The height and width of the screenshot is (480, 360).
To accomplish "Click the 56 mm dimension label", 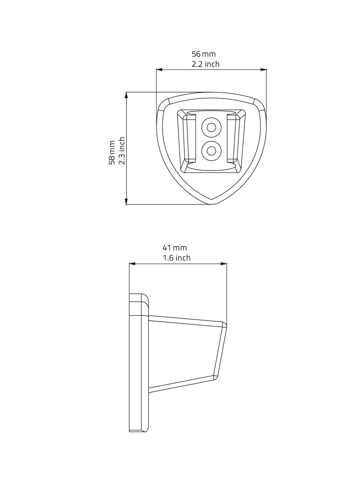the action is tap(203, 54).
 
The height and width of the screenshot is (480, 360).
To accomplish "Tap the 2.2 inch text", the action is tap(205, 64).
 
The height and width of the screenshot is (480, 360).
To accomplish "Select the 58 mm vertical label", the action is tap(112, 152).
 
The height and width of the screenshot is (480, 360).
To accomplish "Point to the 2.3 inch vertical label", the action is tap(122, 150).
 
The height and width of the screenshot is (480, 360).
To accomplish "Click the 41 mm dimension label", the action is tap(174, 247).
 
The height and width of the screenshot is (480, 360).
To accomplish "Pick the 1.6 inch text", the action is tap(176, 258).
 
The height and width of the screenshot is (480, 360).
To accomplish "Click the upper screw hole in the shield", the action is tap(211, 126).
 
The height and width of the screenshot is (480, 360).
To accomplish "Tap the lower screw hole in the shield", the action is tap(211, 150).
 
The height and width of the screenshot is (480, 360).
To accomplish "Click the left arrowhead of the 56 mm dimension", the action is tap(159, 69).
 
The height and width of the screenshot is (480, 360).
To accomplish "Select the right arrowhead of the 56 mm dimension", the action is tap(263, 69).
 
